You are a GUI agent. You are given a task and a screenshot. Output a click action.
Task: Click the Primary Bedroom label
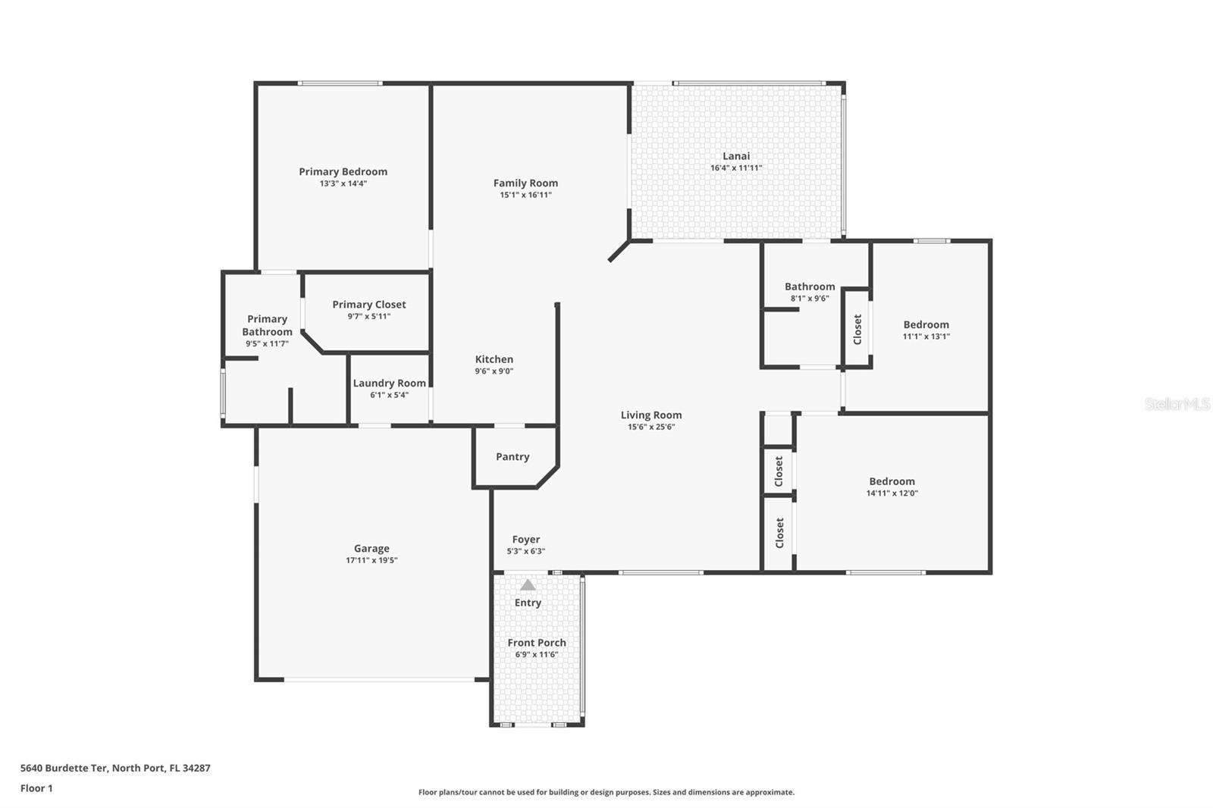pos(343,171)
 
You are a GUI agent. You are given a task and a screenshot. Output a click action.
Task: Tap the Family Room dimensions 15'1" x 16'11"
pos(525,195)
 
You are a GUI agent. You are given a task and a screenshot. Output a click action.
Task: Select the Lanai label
pos(736,156)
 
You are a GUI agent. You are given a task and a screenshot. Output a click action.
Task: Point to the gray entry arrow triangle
pos(528,585)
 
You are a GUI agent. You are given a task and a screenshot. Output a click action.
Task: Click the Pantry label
pos(512,456)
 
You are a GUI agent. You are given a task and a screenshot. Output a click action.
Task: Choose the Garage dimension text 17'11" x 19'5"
pos(371,560)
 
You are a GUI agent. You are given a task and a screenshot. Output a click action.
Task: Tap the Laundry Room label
pos(390,384)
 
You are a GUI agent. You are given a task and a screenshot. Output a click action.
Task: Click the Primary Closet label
pos(368,305)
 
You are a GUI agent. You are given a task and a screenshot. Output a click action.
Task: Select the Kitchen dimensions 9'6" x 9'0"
pos(494,371)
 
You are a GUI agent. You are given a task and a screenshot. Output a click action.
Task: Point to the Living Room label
pos(651,415)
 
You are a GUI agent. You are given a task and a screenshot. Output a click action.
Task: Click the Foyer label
pos(526,540)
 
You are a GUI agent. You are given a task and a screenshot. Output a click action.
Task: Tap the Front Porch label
pos(537,643)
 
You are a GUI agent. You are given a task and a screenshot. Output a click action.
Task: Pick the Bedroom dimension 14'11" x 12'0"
pos(892,493)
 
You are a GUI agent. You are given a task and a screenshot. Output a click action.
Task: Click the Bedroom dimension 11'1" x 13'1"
pos(926,337)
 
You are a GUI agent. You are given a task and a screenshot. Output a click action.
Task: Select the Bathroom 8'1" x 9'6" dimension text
pos(810,299)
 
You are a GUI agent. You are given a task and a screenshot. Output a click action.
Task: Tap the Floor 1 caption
pos(36,788)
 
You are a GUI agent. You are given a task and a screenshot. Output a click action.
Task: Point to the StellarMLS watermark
pos(1177,403)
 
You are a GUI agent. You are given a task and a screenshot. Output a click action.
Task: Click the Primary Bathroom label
pos(267,325)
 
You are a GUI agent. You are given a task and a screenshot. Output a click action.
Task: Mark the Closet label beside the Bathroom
pos(857,329)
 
